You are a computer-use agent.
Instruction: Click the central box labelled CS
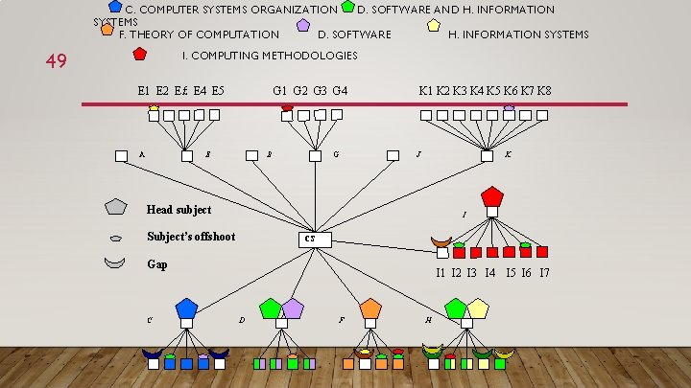[314, 239]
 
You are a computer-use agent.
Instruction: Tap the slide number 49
[56, 61]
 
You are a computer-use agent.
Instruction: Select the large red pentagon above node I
[491, 196]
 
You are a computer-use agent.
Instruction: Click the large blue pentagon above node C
[186, 308]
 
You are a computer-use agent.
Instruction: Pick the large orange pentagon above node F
[370, 308]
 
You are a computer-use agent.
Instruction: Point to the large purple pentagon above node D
[293, 308]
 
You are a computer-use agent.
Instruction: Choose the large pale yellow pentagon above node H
[478, 308]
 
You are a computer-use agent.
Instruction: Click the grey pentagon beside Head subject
[115, 206]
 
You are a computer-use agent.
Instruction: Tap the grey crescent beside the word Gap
[114, 262]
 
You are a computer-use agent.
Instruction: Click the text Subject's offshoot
[191, 237]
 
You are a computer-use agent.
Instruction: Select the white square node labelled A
[121, 155]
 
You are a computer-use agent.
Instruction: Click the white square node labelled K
[487, 155]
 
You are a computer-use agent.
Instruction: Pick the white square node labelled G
[315, 155]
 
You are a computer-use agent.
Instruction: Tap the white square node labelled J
[393, 155]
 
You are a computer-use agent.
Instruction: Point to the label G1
[280, 91]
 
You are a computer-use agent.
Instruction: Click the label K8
[543, 91]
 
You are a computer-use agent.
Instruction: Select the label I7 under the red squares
[544, 273]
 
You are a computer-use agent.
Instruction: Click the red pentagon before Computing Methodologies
[140, 54]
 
